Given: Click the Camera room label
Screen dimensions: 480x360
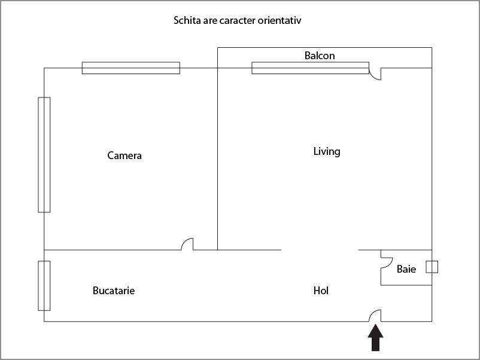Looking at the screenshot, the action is click(124, 155).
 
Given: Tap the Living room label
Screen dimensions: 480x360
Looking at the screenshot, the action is click(327, 151).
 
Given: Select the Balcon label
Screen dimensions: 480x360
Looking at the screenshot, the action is click(320, 56).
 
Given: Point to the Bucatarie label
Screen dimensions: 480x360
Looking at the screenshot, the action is click(114, 290).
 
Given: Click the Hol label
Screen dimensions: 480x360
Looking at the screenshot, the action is click(321, 290).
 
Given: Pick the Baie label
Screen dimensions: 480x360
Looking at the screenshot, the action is click(406, 269).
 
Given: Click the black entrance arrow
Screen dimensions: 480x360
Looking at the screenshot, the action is click(375, 338).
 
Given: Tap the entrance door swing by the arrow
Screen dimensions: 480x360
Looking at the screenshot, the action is click(375, 316).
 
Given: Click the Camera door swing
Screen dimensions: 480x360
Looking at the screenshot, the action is click(187, 244).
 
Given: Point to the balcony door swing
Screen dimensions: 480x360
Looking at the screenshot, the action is click(375, 74).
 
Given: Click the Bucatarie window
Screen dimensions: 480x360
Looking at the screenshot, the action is click(44, 286).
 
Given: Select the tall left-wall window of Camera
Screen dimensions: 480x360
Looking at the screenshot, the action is click(44, 155).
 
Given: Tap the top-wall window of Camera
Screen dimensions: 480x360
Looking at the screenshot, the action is click(131, 68).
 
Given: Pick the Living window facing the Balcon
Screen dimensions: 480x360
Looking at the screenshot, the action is click(311, 68).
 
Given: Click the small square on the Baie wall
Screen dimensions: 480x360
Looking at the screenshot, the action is click(432, 267).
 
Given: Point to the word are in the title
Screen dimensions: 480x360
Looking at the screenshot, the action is click(210, 21).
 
